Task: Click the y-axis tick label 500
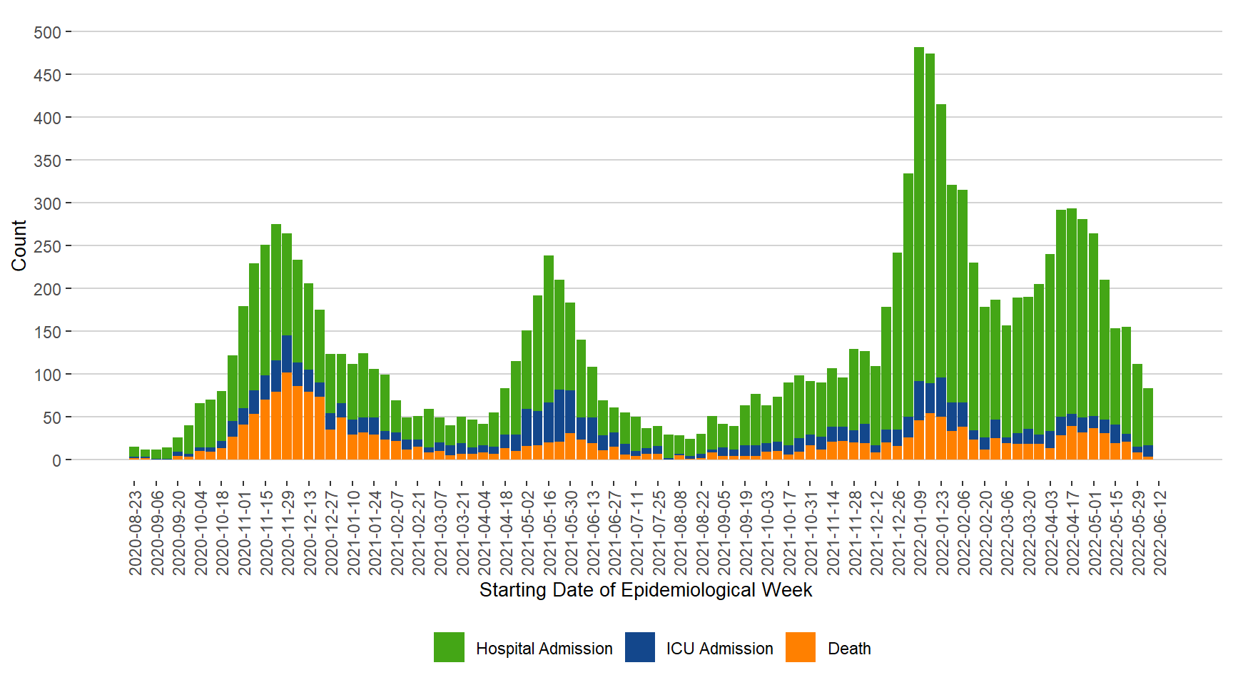click(x=48, y=33)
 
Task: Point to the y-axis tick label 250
click(x=48, y=246)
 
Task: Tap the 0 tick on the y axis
click(x=56, y=460)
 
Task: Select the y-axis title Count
click(x=19, y=245)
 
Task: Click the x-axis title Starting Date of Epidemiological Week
click(x=645, y=590)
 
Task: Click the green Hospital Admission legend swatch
click(x=449, y=647)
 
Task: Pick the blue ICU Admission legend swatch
click(x=639, y=647)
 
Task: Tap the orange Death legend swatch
click(x=800, y=647)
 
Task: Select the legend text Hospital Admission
click(x=544, y=649)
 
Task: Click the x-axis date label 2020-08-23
click(x=135, y=532)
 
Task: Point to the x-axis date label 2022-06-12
click(x=1160, y=532)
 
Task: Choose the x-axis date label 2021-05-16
click(x=549, y=532)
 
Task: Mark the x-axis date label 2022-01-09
click(x=920, y=532)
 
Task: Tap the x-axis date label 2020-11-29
click(x=288, y=532)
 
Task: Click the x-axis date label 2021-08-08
click(x=680, y=532)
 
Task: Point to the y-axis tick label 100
click(x=48, y=375)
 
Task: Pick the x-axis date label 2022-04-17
click(x=1072, y=532)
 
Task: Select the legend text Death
click(x=849, y=649)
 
